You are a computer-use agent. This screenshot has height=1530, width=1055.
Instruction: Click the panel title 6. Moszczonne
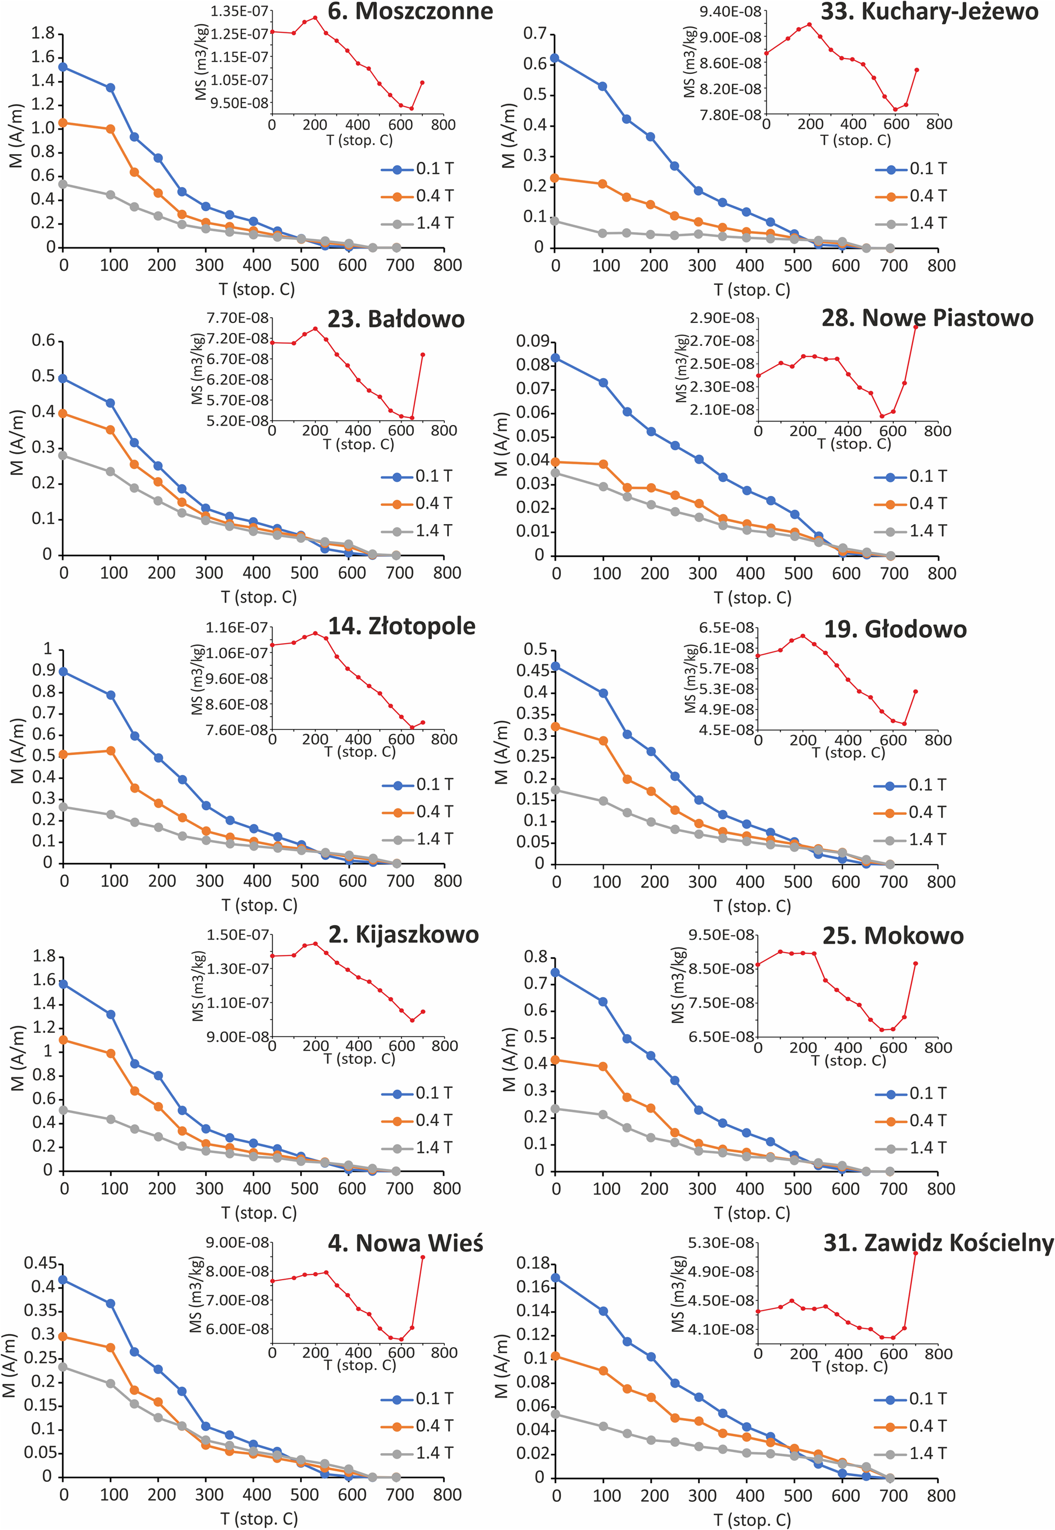tap(410, 11)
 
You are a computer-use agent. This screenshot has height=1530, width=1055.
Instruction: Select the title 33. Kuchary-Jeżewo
tap(930, 11)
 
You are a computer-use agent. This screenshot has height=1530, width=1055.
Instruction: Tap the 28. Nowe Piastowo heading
tap(927, 318)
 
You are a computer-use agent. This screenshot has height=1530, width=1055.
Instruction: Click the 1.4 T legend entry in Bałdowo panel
tap(417, 531)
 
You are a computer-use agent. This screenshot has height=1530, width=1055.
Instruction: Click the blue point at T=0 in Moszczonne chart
tap(63, 67)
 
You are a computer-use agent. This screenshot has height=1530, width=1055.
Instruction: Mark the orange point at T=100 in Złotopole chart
tap(111, 750)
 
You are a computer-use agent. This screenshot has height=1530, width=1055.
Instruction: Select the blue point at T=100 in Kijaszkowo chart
tap(111, 1014)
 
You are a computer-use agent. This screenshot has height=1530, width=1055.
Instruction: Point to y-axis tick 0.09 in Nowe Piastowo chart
tap(533, 341)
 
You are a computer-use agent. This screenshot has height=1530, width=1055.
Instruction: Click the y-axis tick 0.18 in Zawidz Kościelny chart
tap(533, 1263)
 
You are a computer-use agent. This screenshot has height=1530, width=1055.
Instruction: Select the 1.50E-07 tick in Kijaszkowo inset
tap(238, 935)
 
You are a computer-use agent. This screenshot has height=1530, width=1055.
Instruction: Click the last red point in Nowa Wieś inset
tap(423, 1257)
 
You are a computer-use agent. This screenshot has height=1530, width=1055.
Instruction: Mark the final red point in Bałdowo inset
tap(423, 355)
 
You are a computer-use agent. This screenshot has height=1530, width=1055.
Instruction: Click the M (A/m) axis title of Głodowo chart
tap(502, 752)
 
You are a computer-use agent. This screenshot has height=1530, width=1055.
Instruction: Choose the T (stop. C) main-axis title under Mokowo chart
tap(751, 1213)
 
